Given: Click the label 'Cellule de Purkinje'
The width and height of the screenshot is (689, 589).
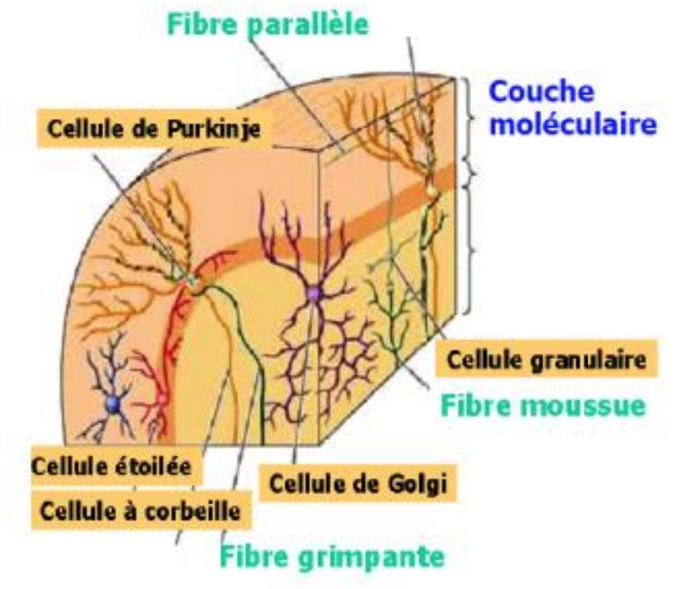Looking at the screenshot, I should tap(155, 130).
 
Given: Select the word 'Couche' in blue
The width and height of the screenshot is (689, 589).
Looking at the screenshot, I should tap(541, 91).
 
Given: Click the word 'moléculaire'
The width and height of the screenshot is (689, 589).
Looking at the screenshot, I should tap(573, 124).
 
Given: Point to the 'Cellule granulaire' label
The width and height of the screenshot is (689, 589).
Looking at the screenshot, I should tap(547, 360).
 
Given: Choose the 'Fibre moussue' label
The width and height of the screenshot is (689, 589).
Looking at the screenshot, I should tap(543, 406).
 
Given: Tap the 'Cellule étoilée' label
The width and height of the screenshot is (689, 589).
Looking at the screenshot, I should tap(111, 465).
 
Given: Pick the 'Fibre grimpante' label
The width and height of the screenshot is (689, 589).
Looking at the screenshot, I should tap(331, 557).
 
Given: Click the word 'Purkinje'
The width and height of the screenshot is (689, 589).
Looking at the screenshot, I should tap(217, 130).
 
